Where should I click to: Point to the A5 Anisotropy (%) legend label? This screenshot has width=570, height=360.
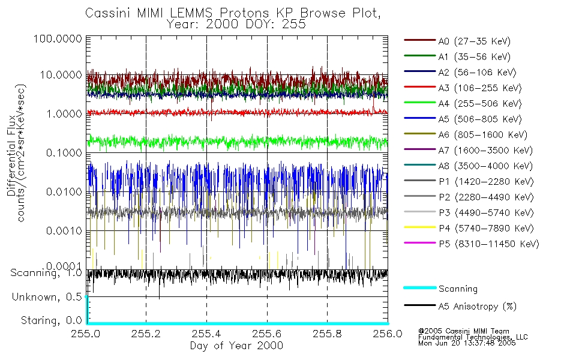477,307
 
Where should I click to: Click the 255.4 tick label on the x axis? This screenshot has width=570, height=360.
207,335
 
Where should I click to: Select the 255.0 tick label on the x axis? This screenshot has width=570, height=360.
86,335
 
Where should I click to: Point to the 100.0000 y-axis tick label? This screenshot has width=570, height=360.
58,39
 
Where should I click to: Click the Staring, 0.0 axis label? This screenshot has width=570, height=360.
52,320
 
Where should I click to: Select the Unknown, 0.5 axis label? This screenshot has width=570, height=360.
48,297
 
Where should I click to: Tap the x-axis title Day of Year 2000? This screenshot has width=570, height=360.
236,346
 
